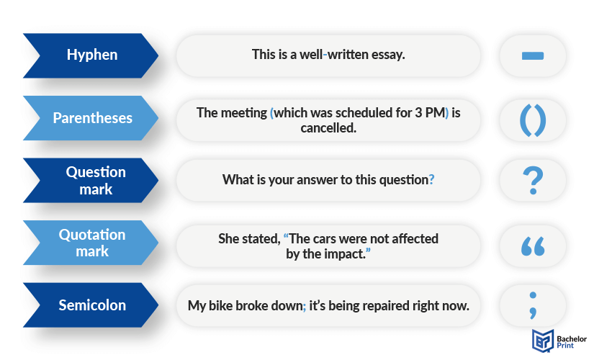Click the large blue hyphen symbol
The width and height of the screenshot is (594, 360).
[533, 55]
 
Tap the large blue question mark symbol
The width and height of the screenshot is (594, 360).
[533, 181]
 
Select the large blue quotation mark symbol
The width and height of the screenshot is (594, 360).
[533, 246]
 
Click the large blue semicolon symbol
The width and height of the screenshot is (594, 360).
[533, 305]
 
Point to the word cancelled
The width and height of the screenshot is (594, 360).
[328, 128]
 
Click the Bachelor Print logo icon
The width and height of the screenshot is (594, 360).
[543, 341]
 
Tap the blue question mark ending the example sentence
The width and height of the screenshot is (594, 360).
[431, 179]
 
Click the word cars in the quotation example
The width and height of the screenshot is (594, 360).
[324, 240]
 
